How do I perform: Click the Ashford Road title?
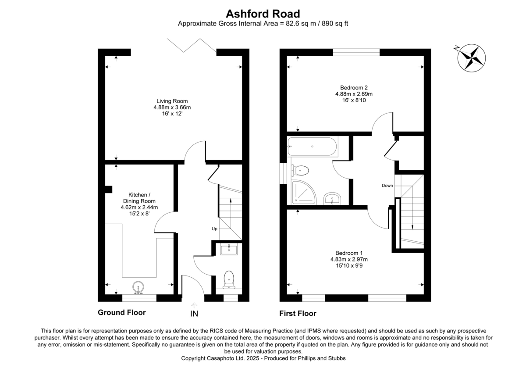(263, 14)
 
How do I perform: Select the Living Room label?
(174, 107)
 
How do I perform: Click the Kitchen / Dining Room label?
(139, 204)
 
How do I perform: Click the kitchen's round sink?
(139, 288)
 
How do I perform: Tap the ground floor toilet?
(229, 280)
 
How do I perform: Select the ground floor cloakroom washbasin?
(229, 250)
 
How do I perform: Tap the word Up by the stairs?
(214, 229)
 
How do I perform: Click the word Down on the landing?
(387, 186)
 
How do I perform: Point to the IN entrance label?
(194, 314)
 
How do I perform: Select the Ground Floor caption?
(121, 312)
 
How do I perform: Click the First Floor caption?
(298, 313)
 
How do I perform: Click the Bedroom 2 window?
(356, 52)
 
